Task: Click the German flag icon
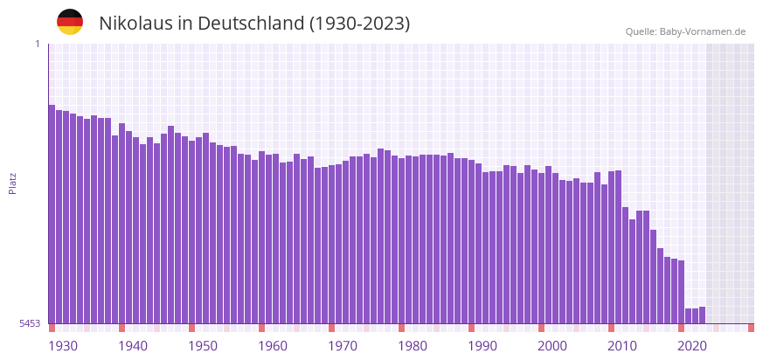[x=70, y=22]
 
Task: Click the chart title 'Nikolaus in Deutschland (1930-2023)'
[x=254, y=24]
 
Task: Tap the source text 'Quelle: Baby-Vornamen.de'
[x=685, y=31]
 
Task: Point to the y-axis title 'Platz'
[x=12, y=183]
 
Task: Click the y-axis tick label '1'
[x=37, y=44]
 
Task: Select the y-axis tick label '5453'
[x=30, y=323]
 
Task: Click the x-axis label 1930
[x=63, y=346]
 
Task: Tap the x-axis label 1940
[x=133, y=346]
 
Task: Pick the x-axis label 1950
[x=203, y=346]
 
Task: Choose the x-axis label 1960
[x=273, y=346]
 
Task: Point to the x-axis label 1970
[x=343, y=346]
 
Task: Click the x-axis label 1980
[x=413, y=346]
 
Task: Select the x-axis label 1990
[x=482, y=346]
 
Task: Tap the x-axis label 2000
[x=552, y=346]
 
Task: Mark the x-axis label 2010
[x=622, y=346]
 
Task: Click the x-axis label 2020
[x=692, y=346]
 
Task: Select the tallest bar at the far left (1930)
[x=52, y=214]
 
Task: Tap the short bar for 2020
[x=688, y=316]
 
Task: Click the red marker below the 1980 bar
[x=401, y=328]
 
